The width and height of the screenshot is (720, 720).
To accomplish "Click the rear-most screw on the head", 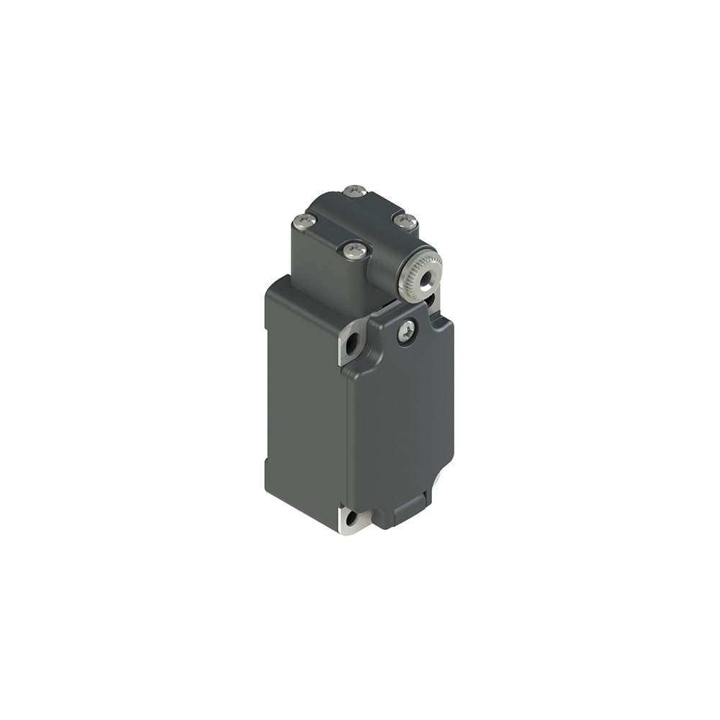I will [x=355, y=191].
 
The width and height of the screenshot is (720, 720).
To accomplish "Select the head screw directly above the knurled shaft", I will [x=405, y=221].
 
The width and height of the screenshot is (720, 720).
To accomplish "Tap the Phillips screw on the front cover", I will [x=407, y=331].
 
